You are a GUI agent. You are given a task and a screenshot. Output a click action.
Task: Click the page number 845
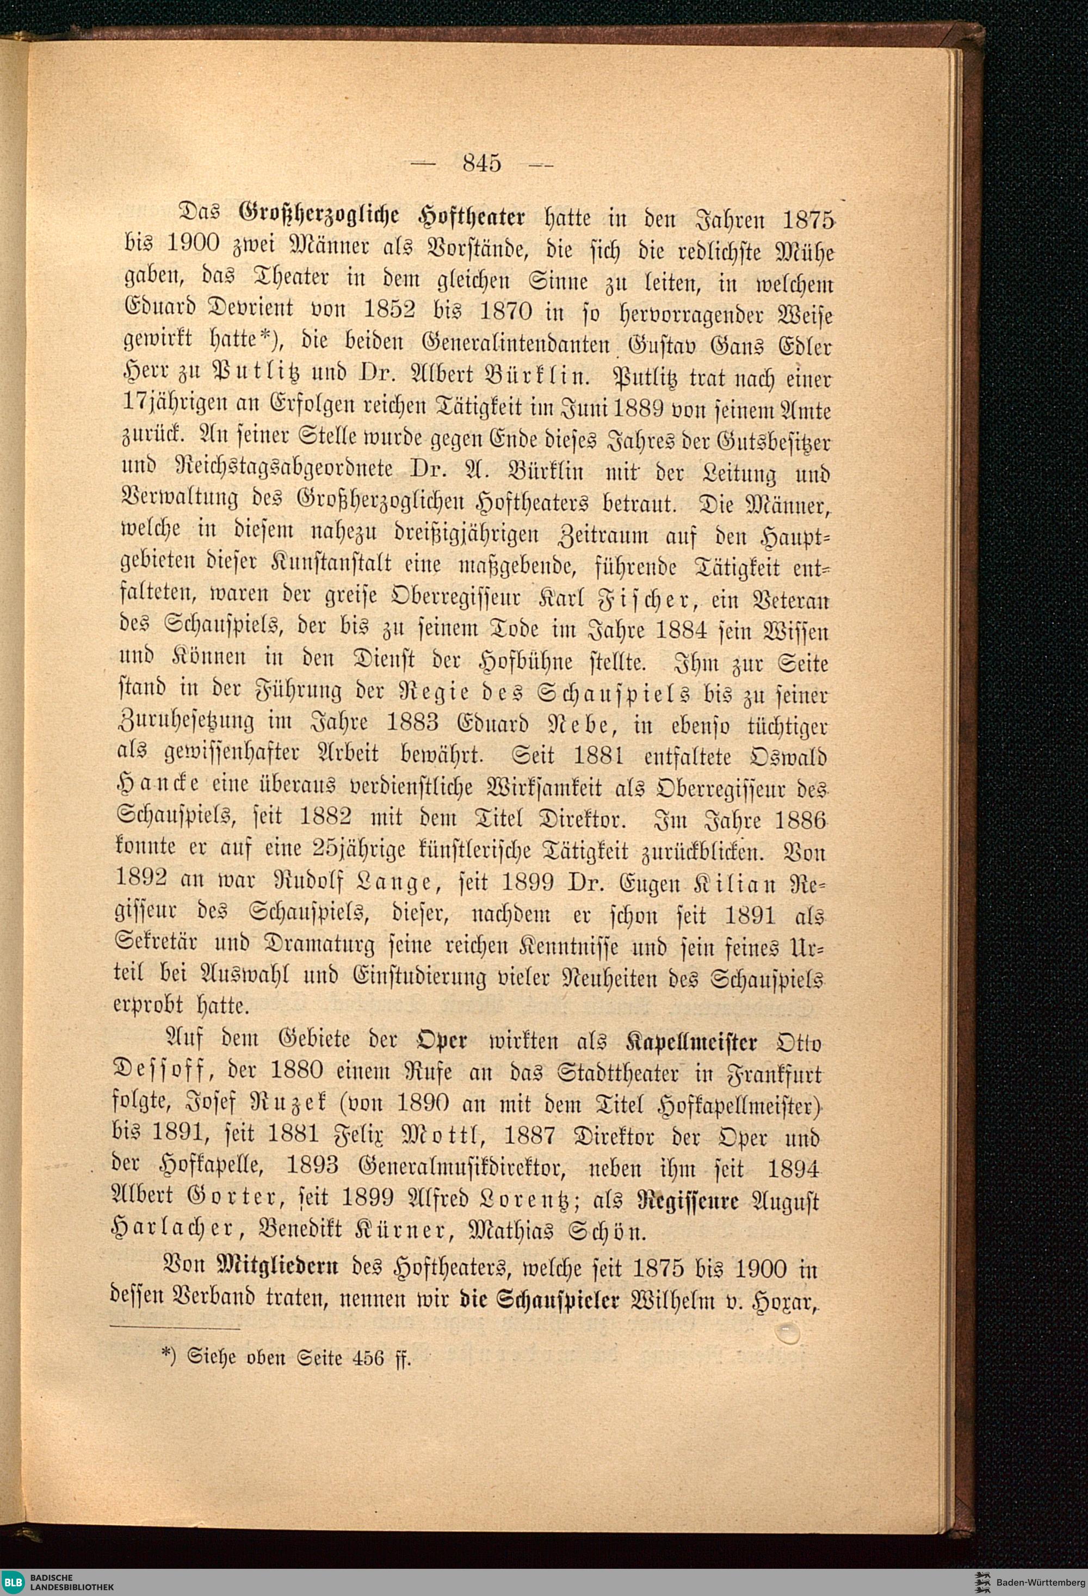pos(483,163)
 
